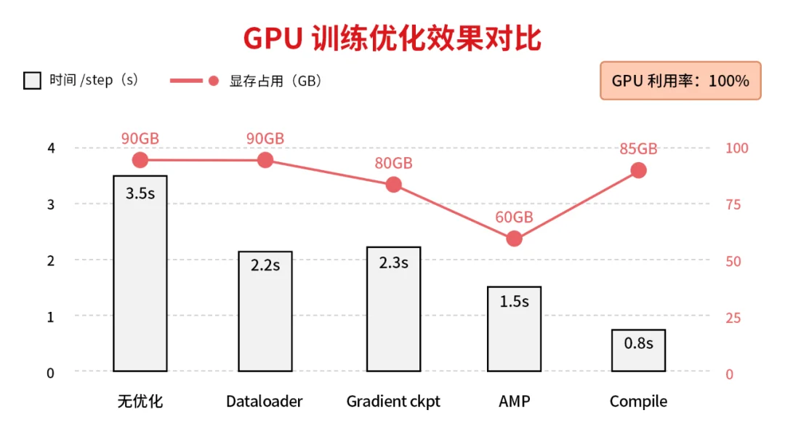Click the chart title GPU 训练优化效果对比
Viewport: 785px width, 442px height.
tap(392, 39)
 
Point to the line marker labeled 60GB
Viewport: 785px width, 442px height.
tap(515, 238)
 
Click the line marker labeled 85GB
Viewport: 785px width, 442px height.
tap(638, 170)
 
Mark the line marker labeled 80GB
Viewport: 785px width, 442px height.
tap(393, 185)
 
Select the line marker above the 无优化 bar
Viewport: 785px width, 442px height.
tap(140, 161)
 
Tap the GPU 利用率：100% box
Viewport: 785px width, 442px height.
tap(680, 81)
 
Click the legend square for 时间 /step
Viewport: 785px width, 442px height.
tap(32, 81)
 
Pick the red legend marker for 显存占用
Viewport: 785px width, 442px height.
tap(213, 81)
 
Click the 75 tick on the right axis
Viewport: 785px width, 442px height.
tap(733, 204)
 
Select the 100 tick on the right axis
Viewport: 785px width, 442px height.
tap(737, 148)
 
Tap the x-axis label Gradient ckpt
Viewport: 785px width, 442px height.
tap(393, 401)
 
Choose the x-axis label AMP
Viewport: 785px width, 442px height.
tap(515, 401)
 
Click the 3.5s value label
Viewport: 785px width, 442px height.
tap(140, 193)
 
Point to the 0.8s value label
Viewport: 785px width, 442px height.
tap(638, 343)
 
